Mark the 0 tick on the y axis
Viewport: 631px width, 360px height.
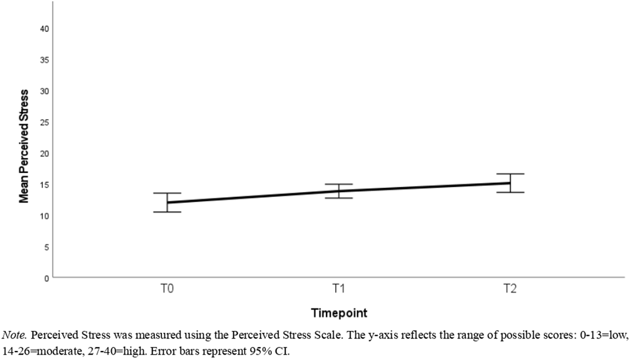[46, 277]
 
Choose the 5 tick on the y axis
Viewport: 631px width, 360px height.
[46, 247]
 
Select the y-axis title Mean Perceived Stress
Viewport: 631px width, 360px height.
[24, 146]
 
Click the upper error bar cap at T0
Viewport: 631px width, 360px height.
[166, 193]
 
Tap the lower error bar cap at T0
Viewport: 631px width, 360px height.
[166, 212]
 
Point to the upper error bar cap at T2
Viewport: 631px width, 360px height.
[510, 174]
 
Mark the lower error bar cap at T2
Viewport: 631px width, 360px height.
[510, 192]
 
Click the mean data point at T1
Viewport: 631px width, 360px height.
[338, 191]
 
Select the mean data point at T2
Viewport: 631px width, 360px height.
[510, 183]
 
